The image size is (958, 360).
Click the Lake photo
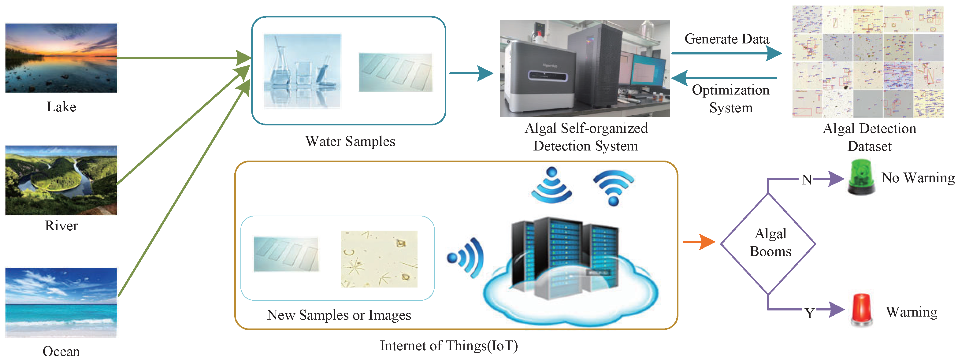[x=61, y=58]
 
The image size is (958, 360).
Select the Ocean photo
[x=61, y=302]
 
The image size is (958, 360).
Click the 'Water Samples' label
[x=350, y=141]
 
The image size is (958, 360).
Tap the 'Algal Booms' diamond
[x=768, y=243]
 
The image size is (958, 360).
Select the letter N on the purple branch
[x=806, y=180]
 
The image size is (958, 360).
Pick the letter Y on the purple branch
[x=809, y=313]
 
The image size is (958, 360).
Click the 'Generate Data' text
[x=727, y=39]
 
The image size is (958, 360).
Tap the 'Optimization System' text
[x=730, y=98]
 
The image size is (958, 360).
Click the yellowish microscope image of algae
[x=379, y=259]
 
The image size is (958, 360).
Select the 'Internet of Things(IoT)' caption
[x=448, y=346]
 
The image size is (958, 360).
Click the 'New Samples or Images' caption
[x=339, y=315]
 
